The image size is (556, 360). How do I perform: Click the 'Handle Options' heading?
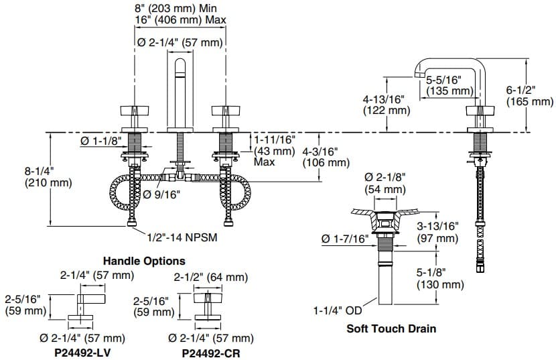[x=144, y=261]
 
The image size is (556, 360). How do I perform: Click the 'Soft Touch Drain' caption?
[x=391, y=328]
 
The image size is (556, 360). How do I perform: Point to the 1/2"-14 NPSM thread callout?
[x=182, y=237]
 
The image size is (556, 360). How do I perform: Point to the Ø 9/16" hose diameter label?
[x=162, y=195]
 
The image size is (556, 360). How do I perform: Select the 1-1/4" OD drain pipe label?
[x=337, y=310]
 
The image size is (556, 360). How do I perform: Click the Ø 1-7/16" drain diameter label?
[x=344, y=239]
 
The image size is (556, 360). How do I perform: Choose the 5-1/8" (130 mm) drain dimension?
[x=440, y=279]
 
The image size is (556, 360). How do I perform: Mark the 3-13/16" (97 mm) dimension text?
[x=437, y=232]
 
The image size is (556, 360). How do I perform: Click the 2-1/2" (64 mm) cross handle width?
[x=210, y=277]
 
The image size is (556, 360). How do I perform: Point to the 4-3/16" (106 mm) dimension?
[x=326, y=157]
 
